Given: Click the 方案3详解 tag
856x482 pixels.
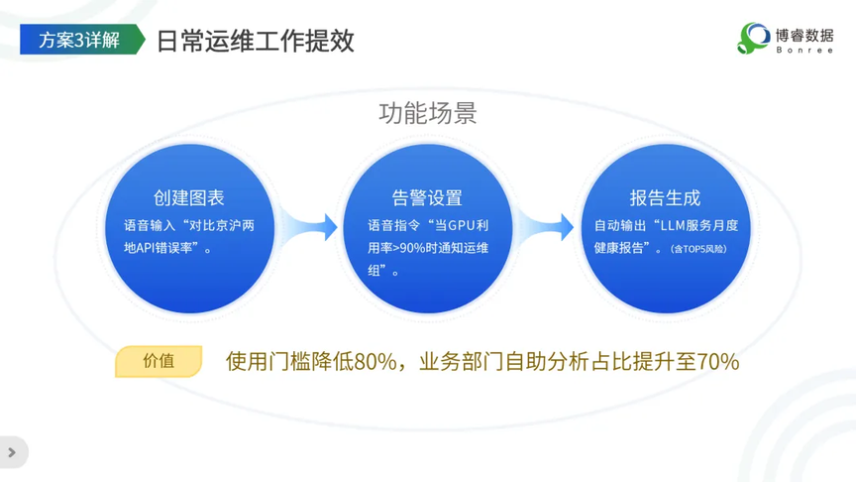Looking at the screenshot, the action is click(x=82, y=40).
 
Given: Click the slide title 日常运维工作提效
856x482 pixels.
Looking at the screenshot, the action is click(x=256, y=41).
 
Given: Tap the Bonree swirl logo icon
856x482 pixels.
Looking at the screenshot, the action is click(x=753, y=39).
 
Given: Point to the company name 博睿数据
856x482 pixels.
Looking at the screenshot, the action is click(x=804, y=36).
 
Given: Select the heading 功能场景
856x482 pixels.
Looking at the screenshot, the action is click(x=428, y=113).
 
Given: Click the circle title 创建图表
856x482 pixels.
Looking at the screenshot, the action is click(x=189, y=197).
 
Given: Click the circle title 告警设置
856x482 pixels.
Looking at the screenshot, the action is click(x=427, y=197).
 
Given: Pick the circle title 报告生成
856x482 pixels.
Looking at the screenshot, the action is click(x=665, y=197).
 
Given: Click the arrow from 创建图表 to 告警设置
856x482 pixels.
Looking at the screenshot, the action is click(x=310, y=227).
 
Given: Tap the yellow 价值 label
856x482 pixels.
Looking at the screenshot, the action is click(x=159, y=361).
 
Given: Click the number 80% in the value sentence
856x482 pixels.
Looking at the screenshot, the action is click(x=375, y=362).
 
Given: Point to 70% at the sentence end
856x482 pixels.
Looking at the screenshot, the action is click(x=718, y=362).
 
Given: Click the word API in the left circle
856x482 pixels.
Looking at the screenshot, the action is click(x=146, y=248).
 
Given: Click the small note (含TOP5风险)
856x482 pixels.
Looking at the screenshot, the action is click(x=698, y=249).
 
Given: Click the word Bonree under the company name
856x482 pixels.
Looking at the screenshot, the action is click(x=804, y=51).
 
